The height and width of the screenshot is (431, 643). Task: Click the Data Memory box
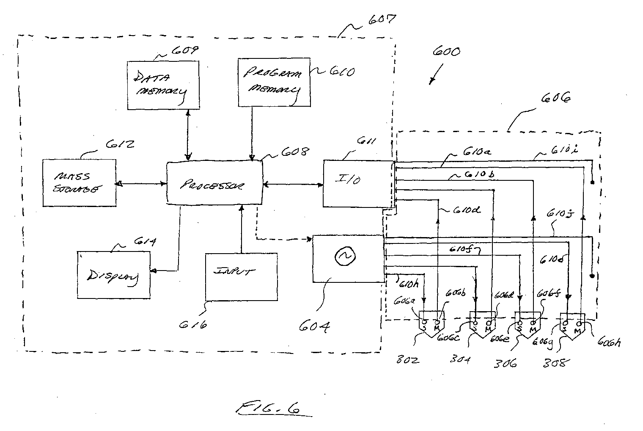[x=163, y=85]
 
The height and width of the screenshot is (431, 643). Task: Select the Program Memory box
[x=274, y=82]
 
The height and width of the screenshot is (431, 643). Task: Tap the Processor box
[x=214, y=184]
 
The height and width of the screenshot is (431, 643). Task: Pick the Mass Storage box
[x=80, y=183]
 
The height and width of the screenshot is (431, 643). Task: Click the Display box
[x=114, y=275]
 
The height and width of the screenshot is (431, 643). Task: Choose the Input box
[x=241, y=276]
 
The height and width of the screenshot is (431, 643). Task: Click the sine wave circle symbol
[x=342, y=256]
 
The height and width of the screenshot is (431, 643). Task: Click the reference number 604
[x=315, y=328]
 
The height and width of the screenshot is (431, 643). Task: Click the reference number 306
[x=506, y=363]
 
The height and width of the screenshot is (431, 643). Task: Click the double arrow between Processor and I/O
[x=292, y=184]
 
